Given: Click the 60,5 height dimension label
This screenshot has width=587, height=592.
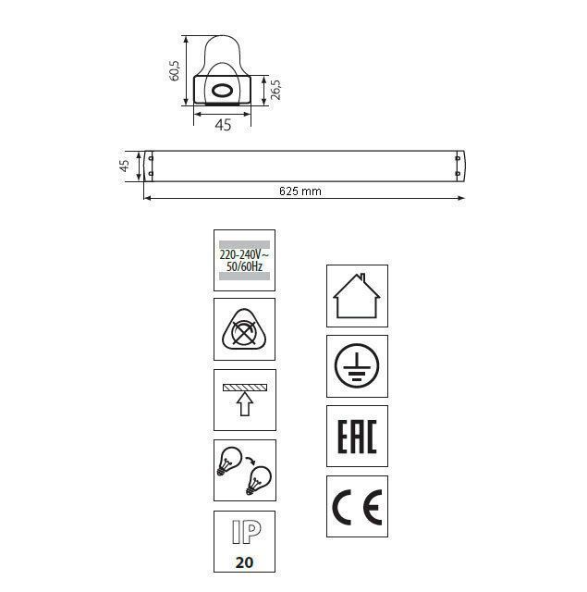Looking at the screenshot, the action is coord(175,70).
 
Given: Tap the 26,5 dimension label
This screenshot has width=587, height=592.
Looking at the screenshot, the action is coord(276,90).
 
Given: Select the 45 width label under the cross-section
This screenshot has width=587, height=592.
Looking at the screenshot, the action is coord(223,125).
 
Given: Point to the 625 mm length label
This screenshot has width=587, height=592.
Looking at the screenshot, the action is coord(300,191).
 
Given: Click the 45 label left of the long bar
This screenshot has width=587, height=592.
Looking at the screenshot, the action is coord(124,166).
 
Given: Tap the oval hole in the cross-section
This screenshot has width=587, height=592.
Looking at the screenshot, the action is coord(222,91).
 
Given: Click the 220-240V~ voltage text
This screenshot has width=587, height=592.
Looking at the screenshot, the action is coord(244,254).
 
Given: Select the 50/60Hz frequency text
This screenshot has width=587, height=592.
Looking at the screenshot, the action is coord(244,266).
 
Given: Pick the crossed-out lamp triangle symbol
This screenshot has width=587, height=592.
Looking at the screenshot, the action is coord(244,329).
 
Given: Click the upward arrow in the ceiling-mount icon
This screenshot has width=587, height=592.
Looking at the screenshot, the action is coord(245,403).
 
